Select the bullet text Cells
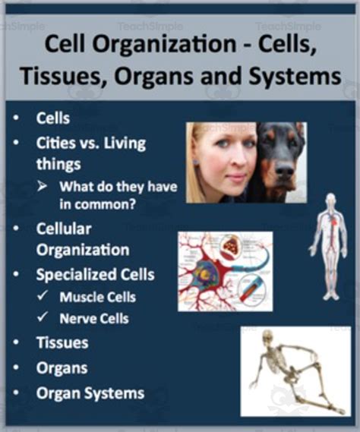53,118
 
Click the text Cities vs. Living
90,143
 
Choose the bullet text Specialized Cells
95,274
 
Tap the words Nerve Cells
93,318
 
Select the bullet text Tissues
62,342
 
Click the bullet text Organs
62,368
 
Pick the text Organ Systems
90,393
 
